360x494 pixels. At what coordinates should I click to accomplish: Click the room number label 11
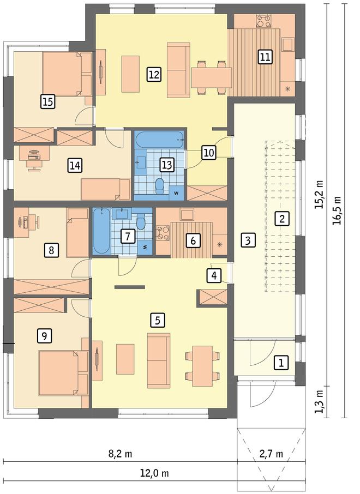(x=265, y=57)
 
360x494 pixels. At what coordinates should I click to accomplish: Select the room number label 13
(x=167, y=165)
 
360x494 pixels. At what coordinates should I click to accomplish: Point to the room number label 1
(x=281, y=362)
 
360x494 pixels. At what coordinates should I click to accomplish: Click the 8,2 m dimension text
(x=120, y=454)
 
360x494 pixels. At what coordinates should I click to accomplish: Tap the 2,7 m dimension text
(x=271, y=454)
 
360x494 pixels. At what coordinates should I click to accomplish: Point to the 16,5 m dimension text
(x=338, y=210)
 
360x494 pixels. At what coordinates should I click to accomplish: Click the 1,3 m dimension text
(x=320, y=401)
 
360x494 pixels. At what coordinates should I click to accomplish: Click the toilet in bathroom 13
(x=160, y=185)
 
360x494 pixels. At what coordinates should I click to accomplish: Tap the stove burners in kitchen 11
(x=263, y=21)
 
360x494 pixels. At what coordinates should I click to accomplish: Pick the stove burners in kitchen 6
(x=163, y=233)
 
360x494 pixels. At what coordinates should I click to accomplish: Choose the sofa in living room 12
(x=178, y=70)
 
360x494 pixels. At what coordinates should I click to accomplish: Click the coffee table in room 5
(x=125, y=359)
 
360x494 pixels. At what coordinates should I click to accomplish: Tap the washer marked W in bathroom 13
(x=176, y=193)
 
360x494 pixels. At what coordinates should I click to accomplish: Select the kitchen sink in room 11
(x=288, y=44)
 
